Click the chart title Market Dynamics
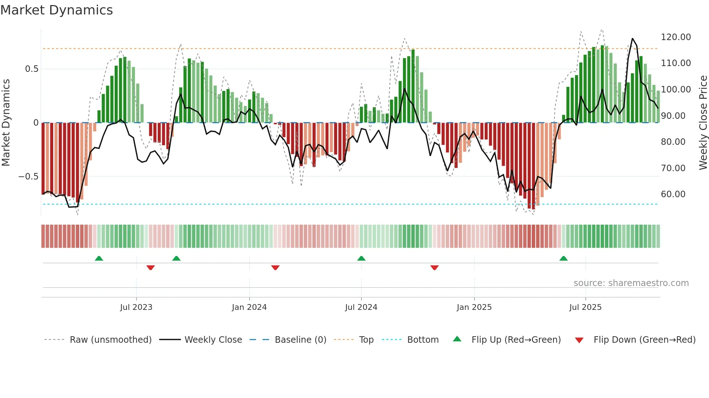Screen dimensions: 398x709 [x=56, y=10]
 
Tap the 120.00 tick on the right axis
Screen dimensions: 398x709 [x=675, y=37]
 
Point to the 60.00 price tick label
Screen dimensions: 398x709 [x=673, y=194]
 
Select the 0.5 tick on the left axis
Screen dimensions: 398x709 [x=31, y=69]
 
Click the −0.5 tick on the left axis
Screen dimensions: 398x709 [x=28, y=177]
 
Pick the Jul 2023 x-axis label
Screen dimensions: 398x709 [x=136, y=307]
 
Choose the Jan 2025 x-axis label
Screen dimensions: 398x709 [x=474, y=307]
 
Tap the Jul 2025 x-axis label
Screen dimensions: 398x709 [x=585, y=307]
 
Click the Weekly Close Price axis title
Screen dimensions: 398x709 [x=703, y=123]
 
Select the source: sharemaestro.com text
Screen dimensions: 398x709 [x=631, y=283]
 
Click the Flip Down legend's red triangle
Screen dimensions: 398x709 [x=579, y=340]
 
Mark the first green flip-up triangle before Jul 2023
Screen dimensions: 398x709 [x=99, y=258]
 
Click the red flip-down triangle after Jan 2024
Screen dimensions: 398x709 [x=275, y=268]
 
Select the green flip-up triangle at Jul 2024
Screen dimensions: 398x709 [x=361, y=258]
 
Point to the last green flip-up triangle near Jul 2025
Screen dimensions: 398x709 [x=563, y=258]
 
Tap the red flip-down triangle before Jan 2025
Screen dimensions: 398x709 [x=434, y=268]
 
